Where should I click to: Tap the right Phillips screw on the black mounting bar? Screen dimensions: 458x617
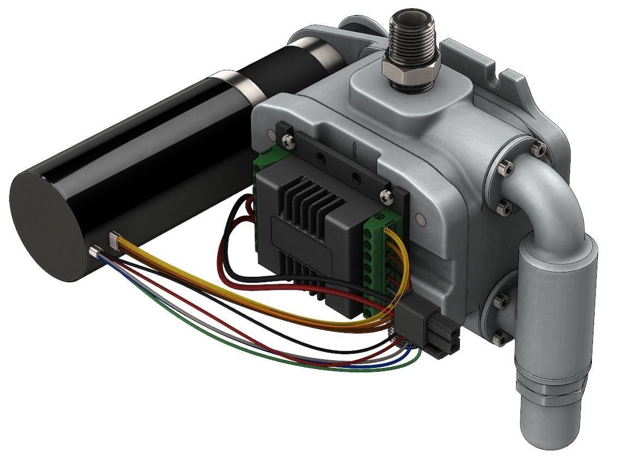389,196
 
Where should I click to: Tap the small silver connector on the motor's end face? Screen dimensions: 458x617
94,252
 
